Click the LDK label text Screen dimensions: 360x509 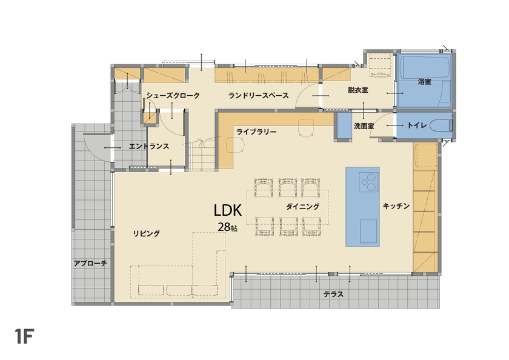tap(228, 210)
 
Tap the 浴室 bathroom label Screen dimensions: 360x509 tap(424, 81)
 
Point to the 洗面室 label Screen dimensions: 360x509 tap(364, 126)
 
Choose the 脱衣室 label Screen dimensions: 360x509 tap(358, 90)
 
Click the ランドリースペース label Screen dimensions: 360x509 tap(258, 96)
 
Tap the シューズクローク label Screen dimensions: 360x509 tap(173, 96)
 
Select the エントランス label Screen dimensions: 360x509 tap(148, 147)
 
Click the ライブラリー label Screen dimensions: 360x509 tap(256, 132)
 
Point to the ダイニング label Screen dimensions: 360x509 tap(302, 207)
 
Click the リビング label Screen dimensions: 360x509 tap(147, 233)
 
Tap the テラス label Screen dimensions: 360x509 tap(333, 295)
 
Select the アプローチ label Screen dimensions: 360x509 tap(90, 263)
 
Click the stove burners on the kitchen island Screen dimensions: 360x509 tap(367, 180)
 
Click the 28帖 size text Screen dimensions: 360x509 tap(228, 227)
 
